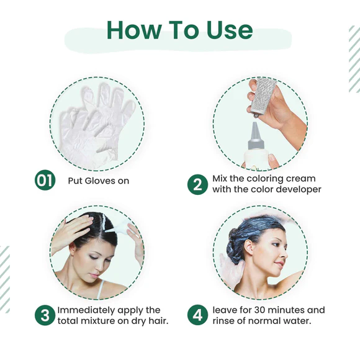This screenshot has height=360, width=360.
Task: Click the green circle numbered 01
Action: coord(45,182)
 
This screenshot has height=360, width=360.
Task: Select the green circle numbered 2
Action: coord(197,184)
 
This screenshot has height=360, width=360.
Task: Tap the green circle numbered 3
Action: coord(45,315)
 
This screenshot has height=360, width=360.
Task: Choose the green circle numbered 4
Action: coord(197,315)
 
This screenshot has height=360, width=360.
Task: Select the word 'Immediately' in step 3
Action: coord(84,310)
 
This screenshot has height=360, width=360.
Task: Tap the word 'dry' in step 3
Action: coord(140,321)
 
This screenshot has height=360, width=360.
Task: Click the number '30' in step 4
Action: coord(262,310)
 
